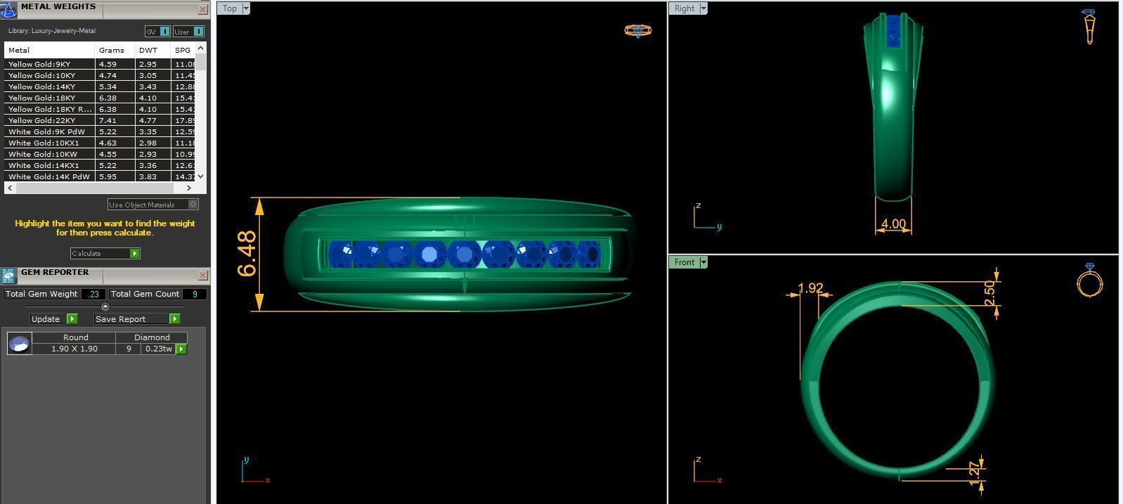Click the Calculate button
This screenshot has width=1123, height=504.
click(105, 253)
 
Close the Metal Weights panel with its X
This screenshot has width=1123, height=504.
click(202, 9)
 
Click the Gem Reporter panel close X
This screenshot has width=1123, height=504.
click(202, 275)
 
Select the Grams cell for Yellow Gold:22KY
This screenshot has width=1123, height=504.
click(108, 120)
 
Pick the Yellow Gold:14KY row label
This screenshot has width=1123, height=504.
click(42, 86)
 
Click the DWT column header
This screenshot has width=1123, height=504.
click(148, 50)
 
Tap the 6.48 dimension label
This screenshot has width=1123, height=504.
click(247, 254)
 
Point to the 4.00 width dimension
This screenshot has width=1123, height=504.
click(893, 224)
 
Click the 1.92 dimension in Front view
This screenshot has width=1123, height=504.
click(810, 288)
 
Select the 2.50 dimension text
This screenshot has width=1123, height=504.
click(989, 292)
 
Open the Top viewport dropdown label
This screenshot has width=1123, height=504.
click(230, 8)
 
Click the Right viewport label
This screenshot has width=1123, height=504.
click(684, 8)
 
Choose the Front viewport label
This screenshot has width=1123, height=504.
click(684, 262)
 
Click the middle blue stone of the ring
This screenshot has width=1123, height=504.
click(464, 254)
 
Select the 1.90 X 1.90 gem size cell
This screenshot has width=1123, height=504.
click(74, 349)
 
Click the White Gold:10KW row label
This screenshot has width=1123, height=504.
click(43, 154)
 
